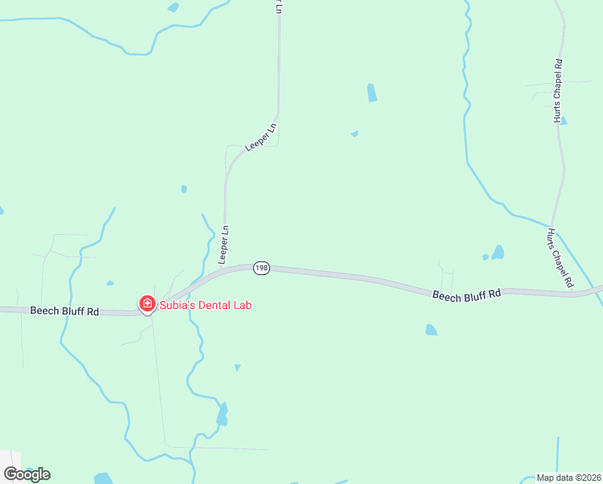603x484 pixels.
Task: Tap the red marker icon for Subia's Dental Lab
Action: pos(147,304)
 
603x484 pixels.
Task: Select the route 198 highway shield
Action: pos(260,268)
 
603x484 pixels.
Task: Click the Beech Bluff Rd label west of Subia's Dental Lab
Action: pos(64,311)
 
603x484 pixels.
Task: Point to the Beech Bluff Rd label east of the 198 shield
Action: pos(466,295)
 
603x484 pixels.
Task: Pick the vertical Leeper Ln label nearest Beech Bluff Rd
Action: pos(224,243)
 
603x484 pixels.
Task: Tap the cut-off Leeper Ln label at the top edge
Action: pos(279,6)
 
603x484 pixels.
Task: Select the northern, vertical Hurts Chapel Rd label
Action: pos(557,90)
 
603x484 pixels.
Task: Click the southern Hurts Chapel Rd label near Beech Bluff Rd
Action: pos(559,258)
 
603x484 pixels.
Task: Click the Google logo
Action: pos(27,474)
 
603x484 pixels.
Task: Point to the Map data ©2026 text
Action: pos(568,478)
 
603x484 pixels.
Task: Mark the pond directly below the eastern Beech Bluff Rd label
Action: pos(431,330)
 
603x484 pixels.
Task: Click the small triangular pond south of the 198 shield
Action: pos(237,368)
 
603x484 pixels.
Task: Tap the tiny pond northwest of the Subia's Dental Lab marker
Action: pos(110,283)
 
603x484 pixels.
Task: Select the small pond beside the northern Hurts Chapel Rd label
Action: pos(563,121)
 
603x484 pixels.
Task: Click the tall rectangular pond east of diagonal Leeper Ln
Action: pos(372,93)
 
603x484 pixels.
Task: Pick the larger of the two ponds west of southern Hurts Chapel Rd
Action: pos(498,252)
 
